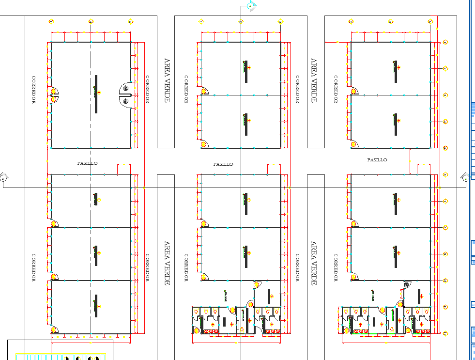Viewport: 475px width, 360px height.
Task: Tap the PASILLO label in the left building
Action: click(87, 163)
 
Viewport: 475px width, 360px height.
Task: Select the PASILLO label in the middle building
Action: click(223, 164)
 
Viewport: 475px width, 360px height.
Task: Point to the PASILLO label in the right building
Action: click(377, 159)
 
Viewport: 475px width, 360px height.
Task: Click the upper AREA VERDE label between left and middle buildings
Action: click(167, 80)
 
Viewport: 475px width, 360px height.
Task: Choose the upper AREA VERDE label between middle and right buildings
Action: click(314, 80)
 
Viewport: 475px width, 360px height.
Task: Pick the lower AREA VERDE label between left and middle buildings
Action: click(167, 263)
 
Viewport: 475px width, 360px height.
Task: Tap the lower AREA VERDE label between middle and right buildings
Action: click(314, 263)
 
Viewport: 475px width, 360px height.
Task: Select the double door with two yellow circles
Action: click(54, 94)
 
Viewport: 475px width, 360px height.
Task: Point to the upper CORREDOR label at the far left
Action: click(33, 90)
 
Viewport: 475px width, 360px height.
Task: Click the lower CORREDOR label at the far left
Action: click(33, 267)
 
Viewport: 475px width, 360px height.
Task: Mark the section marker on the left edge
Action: click(4, 177)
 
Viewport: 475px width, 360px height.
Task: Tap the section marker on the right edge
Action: click(465, 177)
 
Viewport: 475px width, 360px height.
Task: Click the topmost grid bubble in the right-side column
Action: click(445, 42)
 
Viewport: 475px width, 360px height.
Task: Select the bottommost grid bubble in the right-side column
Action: click(445, 333)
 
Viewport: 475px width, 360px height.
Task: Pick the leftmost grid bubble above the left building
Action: click(51, 21)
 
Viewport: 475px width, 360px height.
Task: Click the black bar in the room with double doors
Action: click(96, 94)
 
